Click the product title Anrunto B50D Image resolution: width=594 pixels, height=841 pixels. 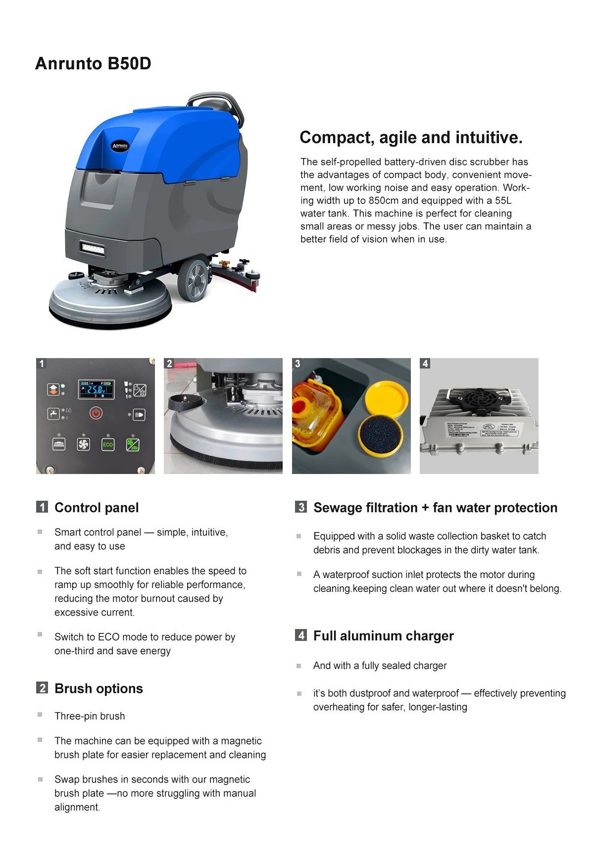(x=93, y=64)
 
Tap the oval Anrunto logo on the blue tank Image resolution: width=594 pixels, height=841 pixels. (x=120, y=146)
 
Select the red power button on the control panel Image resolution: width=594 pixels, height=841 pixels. (x=96, y=413)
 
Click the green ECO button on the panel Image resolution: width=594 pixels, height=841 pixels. (x=108, y=444)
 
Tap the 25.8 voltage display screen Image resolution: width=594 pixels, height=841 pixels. (x=97, y=389)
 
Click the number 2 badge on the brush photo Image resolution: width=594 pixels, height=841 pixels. (x=169, y=364)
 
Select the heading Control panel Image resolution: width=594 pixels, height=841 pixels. (x=97, y=508)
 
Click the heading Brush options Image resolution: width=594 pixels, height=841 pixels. (x=99, y=688)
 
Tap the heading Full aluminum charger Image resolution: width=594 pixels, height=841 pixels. (x=383, y=636)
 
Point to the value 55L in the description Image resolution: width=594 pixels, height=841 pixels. (x=503, y=201)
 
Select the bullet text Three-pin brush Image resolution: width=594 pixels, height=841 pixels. (x=90, y=716)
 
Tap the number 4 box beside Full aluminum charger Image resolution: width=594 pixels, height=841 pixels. (x=301, y=635)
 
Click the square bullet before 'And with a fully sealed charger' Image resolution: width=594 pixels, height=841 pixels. (x=299, y=666)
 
